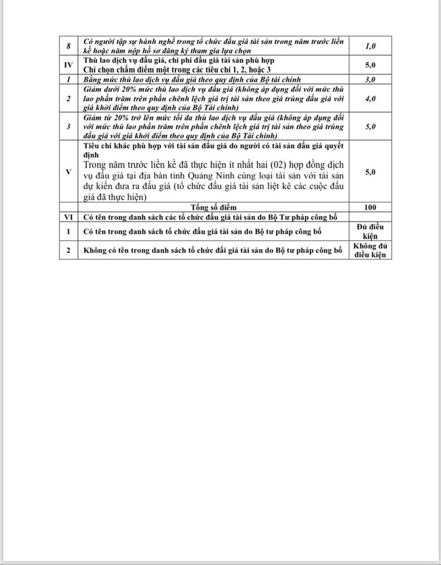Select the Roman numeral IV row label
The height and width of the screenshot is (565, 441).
pos(68,65)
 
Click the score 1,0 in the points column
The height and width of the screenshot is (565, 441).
pos(370,46)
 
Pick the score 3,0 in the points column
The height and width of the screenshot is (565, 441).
pos(370,79)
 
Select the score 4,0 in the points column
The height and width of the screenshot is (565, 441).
pos(370,98)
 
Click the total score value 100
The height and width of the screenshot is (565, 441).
pos(370,207)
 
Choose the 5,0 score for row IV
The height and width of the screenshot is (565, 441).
pos(370,65)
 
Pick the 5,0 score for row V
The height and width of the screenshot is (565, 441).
pos(370,171)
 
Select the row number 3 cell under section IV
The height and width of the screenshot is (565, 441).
pos(68,127)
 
